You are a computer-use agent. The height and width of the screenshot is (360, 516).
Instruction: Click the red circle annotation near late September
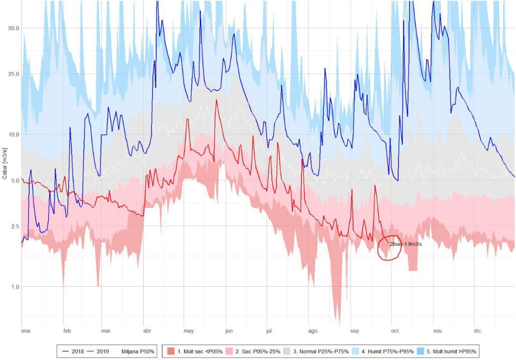click(389, 248)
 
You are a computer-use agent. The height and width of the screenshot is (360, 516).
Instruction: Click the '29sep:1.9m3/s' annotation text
click(406, 244)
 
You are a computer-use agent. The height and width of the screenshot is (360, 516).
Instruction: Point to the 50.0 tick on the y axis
click(14, 28)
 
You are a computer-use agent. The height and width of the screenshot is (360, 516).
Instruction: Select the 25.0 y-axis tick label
click(14, 74)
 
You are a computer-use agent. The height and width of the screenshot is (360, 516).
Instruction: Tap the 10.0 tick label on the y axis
click(14, 134)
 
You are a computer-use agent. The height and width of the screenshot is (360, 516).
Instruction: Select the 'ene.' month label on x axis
click(26, 331)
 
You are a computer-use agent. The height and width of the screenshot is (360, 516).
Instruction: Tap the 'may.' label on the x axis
click(189, 331)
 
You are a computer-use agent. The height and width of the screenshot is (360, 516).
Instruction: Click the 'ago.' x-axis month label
click(313, 331)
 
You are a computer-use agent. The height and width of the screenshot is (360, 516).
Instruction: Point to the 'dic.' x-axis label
click(478, 331)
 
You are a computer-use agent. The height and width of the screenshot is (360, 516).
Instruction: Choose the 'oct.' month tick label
click(396, 331)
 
